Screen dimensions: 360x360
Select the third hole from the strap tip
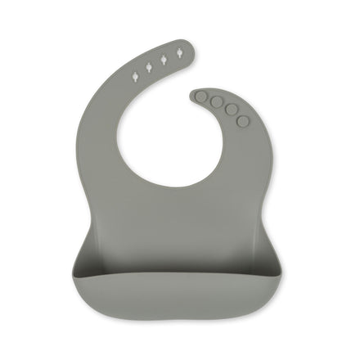[x=150, y=66]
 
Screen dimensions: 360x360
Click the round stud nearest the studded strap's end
[x=202, y=97]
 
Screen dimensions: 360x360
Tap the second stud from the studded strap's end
[x=216, y=102]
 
